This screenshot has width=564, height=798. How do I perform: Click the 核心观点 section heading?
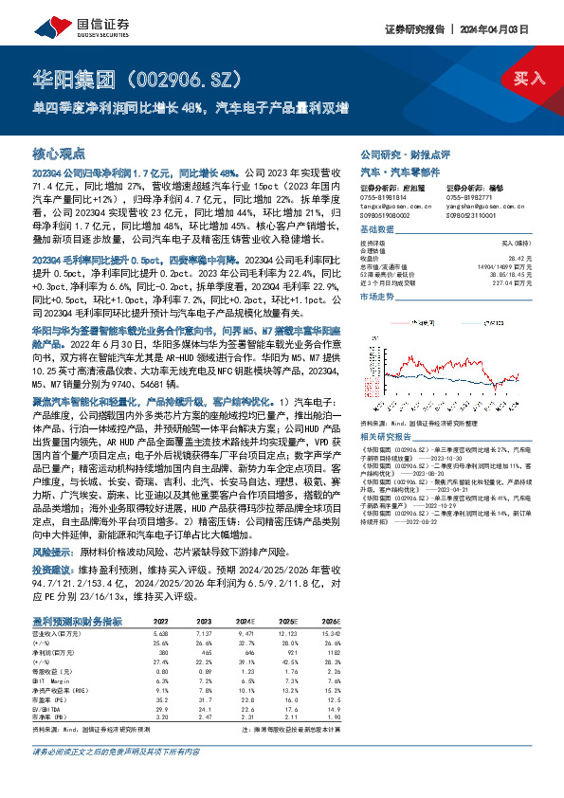pyautogui.click(x=59, y=154)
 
